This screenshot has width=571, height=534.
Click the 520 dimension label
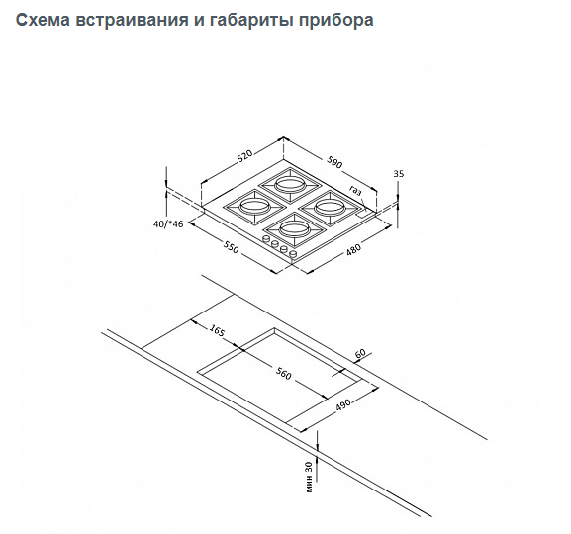point(245,157)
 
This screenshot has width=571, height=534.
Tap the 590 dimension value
point(333,163)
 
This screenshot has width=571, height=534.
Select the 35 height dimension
point(399,174)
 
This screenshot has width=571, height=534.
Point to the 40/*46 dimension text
point(168,223)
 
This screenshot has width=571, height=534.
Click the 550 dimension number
point(231,247)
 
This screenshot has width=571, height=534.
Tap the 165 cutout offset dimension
point(217,330)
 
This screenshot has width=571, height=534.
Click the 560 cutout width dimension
point(283,374)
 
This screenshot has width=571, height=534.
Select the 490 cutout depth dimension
point(342,405)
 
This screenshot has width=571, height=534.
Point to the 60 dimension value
point(360,353)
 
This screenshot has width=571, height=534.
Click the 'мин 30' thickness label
point(309,477)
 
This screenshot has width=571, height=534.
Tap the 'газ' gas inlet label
point(355,191)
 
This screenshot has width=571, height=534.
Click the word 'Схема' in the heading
point(43,20)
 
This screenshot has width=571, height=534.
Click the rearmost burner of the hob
point(290,185)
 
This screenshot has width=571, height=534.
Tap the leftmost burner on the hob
point(254,208)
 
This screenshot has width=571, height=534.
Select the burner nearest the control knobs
point(295,229)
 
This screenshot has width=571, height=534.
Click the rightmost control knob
point(293,254)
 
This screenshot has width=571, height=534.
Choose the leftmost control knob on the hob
point(266,239)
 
